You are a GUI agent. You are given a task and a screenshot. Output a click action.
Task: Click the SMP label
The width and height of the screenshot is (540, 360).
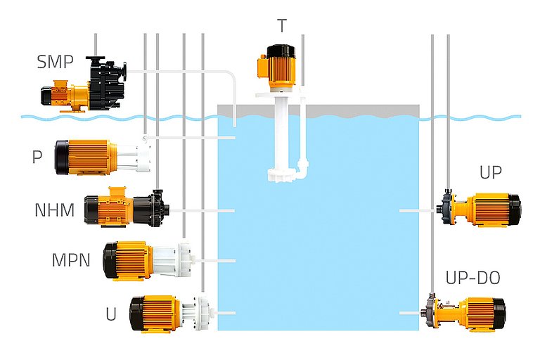pos(54,62)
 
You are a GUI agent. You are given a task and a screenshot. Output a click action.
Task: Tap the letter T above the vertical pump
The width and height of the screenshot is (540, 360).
pos(282,26)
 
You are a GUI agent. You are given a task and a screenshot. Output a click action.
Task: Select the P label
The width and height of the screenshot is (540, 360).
pos(37,157)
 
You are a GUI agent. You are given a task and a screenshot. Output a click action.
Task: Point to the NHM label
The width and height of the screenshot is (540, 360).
pos(54,210)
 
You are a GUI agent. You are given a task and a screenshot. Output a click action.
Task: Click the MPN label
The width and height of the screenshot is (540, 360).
pos(71,260)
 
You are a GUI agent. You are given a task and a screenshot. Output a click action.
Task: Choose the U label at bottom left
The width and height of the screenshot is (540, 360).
pos(110,314)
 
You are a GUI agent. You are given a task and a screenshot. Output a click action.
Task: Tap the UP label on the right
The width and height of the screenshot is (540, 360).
pos(490,173)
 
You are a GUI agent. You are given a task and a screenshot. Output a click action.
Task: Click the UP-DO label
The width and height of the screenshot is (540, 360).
pos(472,278)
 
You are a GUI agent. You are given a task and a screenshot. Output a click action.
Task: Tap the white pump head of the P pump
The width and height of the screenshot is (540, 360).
pos(131,156)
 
